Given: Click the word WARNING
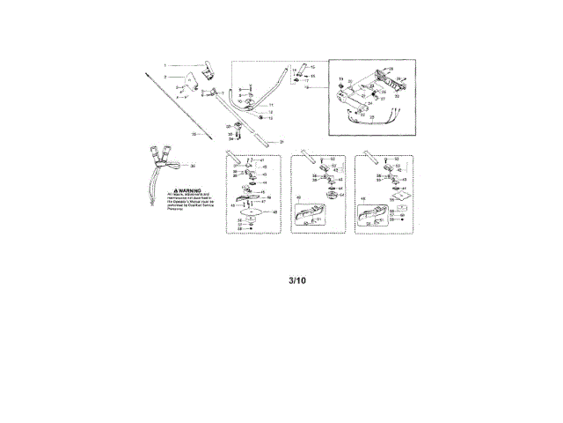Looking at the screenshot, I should click(x=188, y=189).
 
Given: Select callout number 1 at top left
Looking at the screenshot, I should click(x=165, y=65).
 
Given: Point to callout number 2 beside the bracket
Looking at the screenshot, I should click(x=165, y=78).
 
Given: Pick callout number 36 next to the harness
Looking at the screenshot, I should click(x=193, y=166).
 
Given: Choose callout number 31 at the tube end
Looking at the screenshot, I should click(x=281, y=142).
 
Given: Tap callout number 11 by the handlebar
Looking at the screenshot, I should click(x=271, y=105).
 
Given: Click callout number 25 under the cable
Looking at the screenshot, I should click(x=371, y=117).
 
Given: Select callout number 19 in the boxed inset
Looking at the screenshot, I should click(x=340, y=80).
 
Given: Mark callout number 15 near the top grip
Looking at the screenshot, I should click(x=312, y=67).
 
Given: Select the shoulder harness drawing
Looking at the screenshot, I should click(x=162, y=161).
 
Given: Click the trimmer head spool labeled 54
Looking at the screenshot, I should click(x=333, y=196).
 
